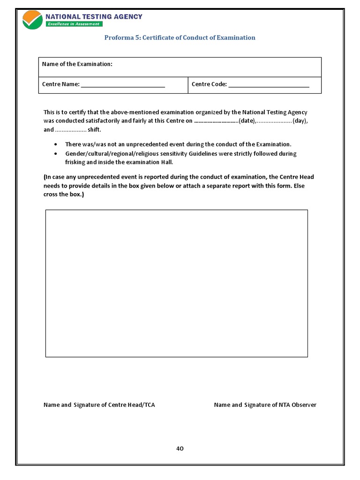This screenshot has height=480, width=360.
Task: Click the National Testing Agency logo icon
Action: click(x=32, y=20)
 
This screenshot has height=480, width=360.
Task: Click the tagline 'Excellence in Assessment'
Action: click(x=73, y=24)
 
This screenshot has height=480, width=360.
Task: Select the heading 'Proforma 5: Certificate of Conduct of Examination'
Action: click(x=180, y=37)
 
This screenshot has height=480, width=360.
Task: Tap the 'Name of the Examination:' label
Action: click(x=77, y=64)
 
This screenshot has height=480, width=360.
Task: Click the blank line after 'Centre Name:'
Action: click(x=123, y=85)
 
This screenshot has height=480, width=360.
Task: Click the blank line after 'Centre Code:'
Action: click(x=269, y=85)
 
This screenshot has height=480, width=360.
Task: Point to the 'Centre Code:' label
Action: click(x=209, y=84)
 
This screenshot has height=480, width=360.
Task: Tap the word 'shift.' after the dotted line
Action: click(x=94, y=129)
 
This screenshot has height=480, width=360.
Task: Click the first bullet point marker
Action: click(x=56, y=144)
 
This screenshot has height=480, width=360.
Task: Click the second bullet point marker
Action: click(x=56, y=154)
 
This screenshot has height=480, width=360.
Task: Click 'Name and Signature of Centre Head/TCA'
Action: click(x=99, y=405)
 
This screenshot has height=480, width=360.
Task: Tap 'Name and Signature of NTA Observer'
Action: click(x=265, y=405)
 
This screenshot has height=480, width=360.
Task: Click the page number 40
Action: click(x=180, y=448)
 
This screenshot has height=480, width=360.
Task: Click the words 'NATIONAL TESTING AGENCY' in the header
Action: click(x=94, y=17)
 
